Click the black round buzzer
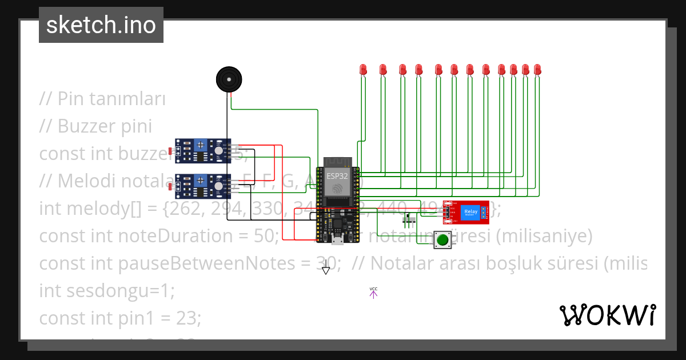pos(229,79)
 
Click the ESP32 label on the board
pos(337,176)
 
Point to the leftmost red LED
pos(362,70)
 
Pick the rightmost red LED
pos(537,70)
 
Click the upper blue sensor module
pos(203,150)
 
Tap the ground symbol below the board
pos(326,269)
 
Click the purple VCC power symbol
pos(373,293)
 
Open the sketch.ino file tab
pos(101,25)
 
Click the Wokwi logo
pos(607,315)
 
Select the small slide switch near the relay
pos(409,219)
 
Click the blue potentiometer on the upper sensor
pos(201,146)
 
